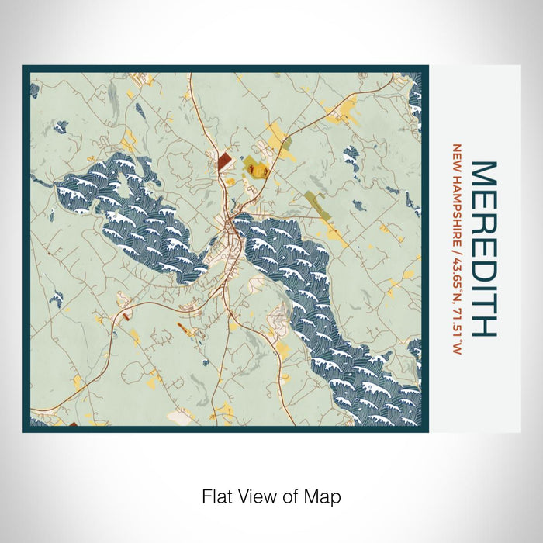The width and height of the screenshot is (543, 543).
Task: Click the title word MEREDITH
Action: click(483, 248)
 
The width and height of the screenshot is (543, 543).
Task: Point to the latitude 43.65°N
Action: click(458, 263)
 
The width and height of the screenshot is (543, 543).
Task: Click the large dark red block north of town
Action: click(223, 161)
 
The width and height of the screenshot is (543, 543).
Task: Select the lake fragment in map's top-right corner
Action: click(414, 93)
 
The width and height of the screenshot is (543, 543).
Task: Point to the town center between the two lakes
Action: click(228, 229)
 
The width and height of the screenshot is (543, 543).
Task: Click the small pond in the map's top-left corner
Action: click(34, 90)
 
